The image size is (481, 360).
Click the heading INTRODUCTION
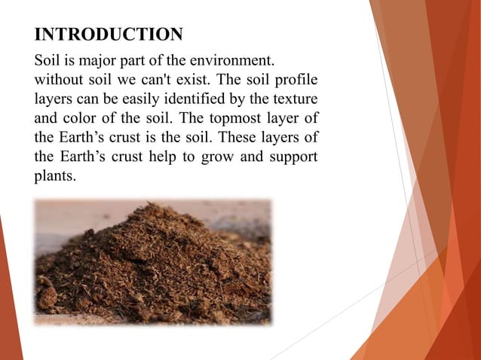tap(109, 35)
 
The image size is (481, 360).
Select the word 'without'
tap(60, 79)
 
